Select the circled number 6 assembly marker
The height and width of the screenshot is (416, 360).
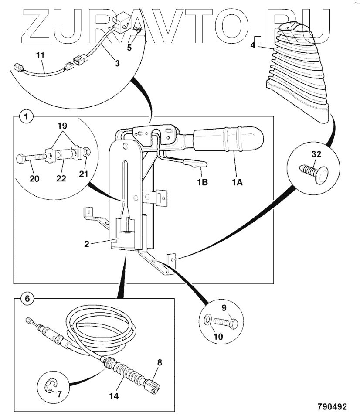point(27,299)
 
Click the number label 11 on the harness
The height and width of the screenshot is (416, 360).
point(40,56)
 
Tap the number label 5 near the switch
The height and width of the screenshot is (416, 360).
point(129,48)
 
